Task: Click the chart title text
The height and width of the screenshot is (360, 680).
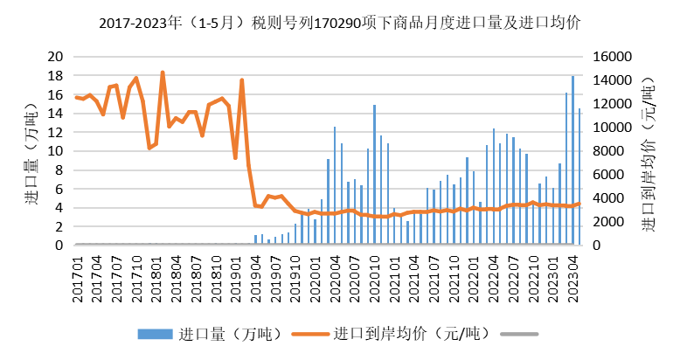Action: tap(340, 23)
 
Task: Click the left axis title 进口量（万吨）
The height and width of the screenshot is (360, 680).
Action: tap(31, 154)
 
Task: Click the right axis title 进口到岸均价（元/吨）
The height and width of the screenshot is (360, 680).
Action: tap(648, 155)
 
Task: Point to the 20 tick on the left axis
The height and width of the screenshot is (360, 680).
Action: tap(55, 57)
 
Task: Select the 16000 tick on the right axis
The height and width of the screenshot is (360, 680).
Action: tap(612, 57)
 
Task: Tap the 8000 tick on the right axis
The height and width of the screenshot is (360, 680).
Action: tap(608, 151)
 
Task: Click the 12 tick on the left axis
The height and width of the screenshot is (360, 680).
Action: tap(55, 132)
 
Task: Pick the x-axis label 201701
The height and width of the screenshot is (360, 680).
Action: tap(77, 279)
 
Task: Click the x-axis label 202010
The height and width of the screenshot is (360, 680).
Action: tap(374, 279)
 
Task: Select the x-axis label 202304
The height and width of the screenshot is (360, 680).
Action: tap(572, 279)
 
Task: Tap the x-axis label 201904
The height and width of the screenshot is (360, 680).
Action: tap(255, 279)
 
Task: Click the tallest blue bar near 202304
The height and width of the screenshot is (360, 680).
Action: tap(572, 161)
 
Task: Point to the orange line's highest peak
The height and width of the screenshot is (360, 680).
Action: tap(163, 72)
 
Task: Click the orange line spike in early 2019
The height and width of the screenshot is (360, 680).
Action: tap(242, 80)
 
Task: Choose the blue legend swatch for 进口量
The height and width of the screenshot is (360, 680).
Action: tap(155, 334)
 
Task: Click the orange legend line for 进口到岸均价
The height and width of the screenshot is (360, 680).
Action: tap(310, 334)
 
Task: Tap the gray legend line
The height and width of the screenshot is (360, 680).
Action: tap(519, 334)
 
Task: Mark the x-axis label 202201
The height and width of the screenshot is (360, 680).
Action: tap(474, 279)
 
